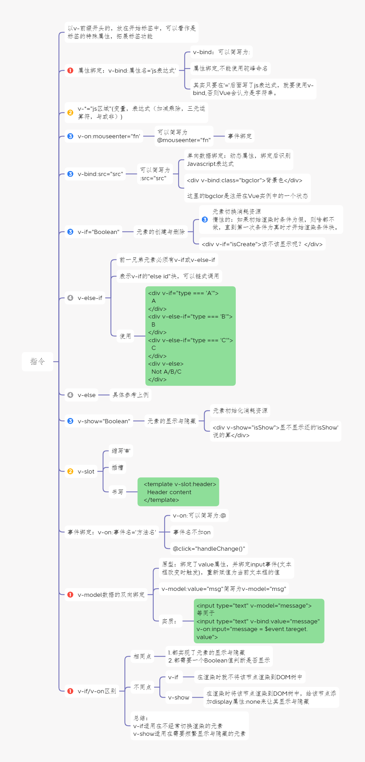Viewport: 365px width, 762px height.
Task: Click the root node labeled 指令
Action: [37, 361]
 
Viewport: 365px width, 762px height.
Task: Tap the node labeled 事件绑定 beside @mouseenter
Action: [240, 136]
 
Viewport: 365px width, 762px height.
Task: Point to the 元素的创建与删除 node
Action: [161, 232]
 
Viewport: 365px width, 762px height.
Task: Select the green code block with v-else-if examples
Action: [190, 336]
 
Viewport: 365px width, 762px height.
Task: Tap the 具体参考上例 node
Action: [130, 395]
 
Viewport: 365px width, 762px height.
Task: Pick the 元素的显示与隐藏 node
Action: [171, 421]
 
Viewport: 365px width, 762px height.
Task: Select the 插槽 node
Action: [117, 468]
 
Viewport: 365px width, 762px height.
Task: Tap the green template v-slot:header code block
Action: [178, 492]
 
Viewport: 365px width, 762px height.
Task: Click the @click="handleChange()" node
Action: [209, 549]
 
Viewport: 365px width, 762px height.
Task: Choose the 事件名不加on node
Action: [192, 532]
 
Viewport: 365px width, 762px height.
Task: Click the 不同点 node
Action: [142, 687]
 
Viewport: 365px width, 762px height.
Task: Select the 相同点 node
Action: [142, 657]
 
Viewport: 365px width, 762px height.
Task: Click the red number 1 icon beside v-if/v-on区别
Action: [70, 691]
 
